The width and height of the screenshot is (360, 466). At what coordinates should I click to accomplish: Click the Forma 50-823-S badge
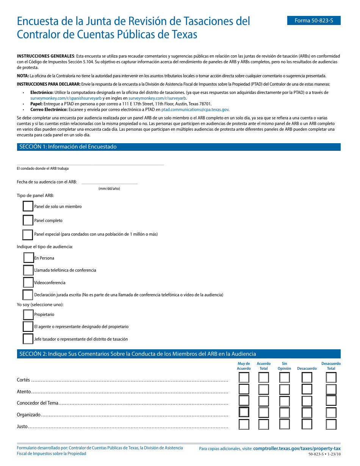point(314,20)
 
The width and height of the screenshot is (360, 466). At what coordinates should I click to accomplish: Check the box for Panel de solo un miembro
point(28,206)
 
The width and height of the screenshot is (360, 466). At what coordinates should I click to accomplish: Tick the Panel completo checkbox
point(28,220)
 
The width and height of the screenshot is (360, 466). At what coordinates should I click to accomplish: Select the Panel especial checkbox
point(28,235)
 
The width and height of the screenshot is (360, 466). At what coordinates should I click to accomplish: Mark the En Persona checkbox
point(29,258)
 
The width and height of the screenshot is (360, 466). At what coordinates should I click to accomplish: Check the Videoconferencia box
point(28,283)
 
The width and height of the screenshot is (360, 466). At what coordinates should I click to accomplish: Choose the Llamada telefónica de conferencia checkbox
point(28,270)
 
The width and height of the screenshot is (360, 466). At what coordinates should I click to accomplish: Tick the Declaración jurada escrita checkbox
point(28,295)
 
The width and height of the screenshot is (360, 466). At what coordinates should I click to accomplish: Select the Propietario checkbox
point(28,314)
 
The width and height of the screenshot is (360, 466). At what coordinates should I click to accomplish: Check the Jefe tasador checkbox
point(28,339)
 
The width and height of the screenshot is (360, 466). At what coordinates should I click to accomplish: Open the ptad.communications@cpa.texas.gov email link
point(195,109)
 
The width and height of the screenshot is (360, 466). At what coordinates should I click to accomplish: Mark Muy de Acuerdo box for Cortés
point(244,377)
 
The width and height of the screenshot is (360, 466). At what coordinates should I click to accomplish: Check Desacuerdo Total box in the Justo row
point(331,424)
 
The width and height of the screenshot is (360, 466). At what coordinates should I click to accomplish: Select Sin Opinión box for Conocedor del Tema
point(285,401)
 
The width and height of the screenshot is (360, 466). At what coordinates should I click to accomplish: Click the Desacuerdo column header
point(307,368)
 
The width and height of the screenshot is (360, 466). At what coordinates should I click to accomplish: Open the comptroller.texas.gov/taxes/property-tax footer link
point(297,448)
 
